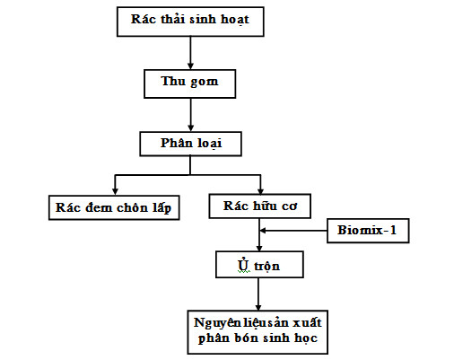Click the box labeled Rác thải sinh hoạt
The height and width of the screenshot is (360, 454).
(190, 22)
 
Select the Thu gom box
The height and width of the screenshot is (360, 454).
(190, 83)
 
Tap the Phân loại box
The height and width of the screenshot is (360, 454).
(190, 144)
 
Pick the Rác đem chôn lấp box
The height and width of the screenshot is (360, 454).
(114, 207)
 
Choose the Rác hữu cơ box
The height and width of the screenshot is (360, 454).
(260, 206)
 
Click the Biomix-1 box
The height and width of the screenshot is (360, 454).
(368, 231)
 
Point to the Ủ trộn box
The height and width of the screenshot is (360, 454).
(259, 265)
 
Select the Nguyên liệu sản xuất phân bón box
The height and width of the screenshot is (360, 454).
(258, 332)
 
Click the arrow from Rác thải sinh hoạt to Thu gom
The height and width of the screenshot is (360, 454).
(190, 53)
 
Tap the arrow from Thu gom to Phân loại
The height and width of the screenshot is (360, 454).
(190, 115)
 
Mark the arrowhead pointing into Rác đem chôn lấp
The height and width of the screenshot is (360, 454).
(115, 191)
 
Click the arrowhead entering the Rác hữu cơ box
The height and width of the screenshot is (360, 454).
(260, 190)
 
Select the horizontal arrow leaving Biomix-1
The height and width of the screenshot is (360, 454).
(293, 231)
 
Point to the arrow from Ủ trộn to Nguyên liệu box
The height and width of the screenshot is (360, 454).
(258, 294)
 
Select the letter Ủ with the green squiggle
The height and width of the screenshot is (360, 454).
(243, 265)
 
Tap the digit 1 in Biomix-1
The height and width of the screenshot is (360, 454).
(393, 230)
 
